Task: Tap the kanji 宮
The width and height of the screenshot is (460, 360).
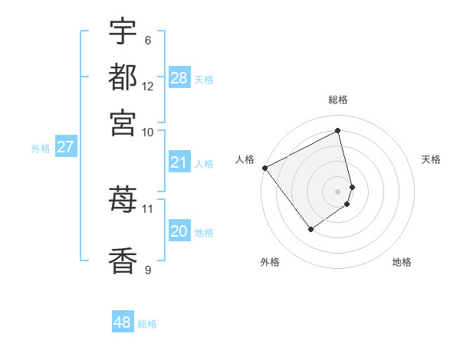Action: (123, 122)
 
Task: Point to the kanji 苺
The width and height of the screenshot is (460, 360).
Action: (123, 200)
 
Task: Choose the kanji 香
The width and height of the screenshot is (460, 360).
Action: (123, 260)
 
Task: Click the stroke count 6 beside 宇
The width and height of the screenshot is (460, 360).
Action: (147, 41)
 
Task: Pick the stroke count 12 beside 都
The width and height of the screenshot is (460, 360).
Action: (148, 86)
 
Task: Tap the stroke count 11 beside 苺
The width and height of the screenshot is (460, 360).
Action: (148, 208)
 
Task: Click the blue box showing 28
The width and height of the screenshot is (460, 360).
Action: (179, 78)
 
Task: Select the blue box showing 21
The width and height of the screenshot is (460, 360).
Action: (179, 162)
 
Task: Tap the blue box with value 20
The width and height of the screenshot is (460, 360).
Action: (179, 231)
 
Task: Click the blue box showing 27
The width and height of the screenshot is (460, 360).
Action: (65, 147)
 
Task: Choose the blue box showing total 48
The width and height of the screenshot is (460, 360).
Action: (123, 322)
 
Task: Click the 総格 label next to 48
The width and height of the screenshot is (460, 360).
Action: (147, 324)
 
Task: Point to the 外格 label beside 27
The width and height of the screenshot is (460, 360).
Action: (41, 149)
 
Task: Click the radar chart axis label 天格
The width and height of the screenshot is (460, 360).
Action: (431, 159)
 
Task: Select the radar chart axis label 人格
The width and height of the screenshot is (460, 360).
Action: (245, 159)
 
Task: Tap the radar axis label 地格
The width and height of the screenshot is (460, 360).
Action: (402, 262)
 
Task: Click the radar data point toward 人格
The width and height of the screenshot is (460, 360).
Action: (264, 168)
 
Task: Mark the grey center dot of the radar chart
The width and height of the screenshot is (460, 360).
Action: (337, 191)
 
